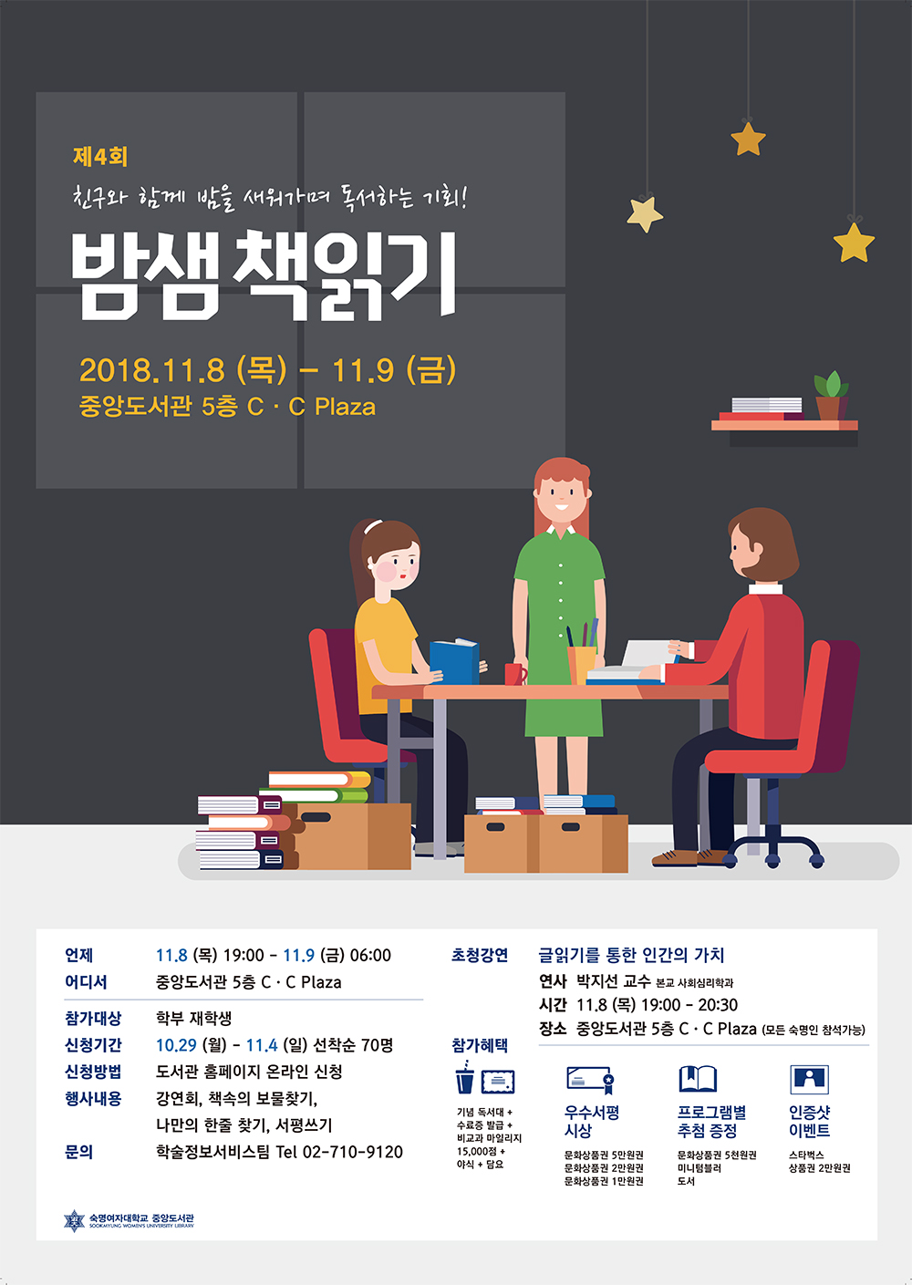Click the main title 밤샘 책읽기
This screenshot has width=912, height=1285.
264,275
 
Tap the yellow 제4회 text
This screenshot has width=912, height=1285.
100,157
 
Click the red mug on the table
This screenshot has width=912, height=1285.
515,673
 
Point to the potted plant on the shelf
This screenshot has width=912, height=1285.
831,395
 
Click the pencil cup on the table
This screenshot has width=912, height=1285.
582,664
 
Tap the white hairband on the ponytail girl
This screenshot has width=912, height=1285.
372,526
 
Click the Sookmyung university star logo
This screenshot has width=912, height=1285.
74,1221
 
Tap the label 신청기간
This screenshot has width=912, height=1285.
93,1044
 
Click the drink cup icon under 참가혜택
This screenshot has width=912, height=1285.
465,1078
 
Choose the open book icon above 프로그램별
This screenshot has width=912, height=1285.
698,1079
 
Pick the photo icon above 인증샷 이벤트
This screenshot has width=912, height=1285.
809,1079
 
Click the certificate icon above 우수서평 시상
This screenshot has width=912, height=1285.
590,1080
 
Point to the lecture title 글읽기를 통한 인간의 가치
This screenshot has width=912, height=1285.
631,955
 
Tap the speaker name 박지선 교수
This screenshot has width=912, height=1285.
613,981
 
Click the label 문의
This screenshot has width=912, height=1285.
78,1152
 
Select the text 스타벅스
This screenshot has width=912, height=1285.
806,1155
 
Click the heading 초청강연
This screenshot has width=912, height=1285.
480,955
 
